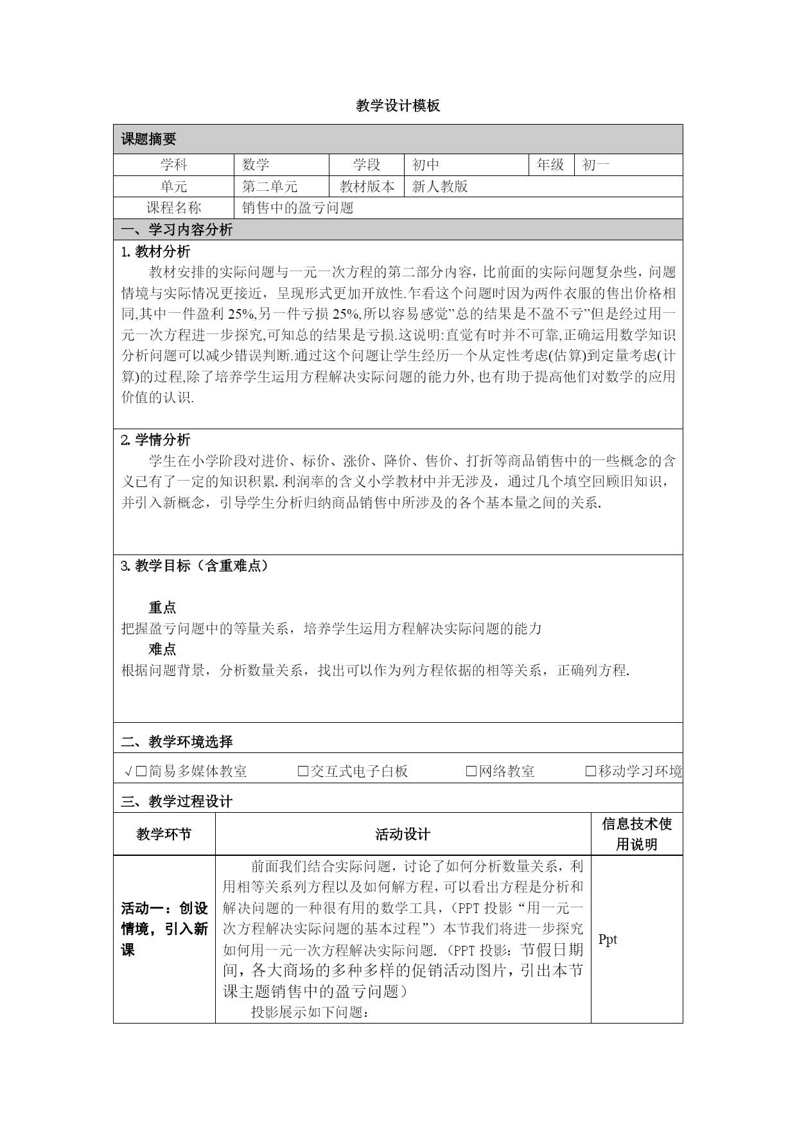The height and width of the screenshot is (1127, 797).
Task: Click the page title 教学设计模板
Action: click(398, 106)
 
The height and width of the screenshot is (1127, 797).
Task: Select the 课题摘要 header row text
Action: click(148, 139)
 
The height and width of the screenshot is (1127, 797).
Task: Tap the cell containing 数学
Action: click(256, 165)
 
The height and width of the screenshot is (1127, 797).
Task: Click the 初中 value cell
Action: click(426, 165)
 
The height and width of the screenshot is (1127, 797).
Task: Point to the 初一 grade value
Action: click(595, 165)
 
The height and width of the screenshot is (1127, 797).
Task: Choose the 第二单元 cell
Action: click(270, 187)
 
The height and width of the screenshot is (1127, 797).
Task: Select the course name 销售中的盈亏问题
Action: click(298, 208)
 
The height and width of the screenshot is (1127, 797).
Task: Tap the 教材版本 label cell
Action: click(367, 187)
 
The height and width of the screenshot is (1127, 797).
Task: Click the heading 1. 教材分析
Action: click(155, 251)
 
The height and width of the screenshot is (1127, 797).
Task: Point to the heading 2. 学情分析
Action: click(155, 440)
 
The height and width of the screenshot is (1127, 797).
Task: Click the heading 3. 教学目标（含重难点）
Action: click(195, 566)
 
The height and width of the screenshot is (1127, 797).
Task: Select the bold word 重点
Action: click(162, 608)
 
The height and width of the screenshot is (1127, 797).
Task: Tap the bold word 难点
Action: click(162, 650)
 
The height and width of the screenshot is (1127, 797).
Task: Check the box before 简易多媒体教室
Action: click(141, 772)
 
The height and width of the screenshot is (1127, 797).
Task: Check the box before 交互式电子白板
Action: click(303, 772)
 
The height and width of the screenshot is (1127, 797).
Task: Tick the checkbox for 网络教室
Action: click(471, 772)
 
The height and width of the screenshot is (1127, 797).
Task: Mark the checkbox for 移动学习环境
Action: click(591, 772)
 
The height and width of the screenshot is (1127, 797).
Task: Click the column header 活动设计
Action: click(403, 835)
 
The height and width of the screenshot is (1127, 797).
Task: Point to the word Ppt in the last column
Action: click(608, 939)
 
